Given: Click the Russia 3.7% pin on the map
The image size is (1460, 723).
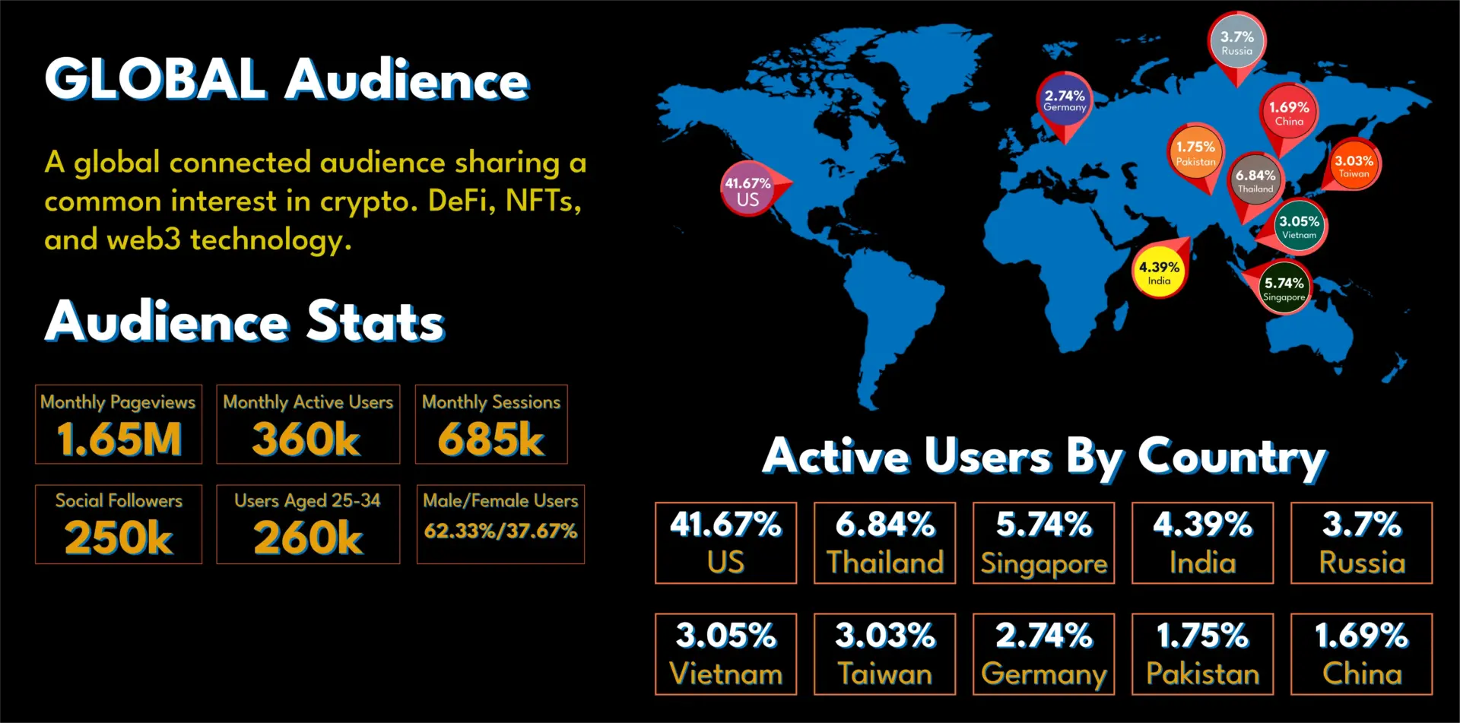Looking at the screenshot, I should [x=1236, y=43].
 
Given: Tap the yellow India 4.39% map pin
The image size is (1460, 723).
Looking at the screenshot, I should [x=1159, y=272].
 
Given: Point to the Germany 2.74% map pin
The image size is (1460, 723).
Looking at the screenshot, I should [x=1064, y=100].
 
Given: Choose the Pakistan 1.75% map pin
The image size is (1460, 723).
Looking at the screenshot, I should [x=1195, y=153].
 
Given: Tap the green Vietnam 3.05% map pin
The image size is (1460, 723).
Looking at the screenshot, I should [x=1299, y=227].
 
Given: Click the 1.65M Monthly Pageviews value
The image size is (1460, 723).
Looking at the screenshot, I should [x=119, y=439].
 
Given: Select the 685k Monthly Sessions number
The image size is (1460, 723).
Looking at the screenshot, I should [x=491, y=439].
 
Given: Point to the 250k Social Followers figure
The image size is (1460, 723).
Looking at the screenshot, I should [x=119, y=537].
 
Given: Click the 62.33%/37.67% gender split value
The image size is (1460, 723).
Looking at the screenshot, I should [x=500, y=531].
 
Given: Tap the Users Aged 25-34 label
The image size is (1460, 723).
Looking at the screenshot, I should [x=307, y=500].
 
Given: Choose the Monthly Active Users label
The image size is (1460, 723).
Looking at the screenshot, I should [x=308, y=401].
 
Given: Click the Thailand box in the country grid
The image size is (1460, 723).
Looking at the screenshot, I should [x=884, y=543].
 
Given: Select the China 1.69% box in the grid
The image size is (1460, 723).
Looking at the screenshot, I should [x=1361, y=654].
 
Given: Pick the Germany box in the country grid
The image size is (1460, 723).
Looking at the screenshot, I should [x=1043, y=654].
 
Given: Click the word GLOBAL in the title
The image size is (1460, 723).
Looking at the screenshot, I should [x=156, y=79].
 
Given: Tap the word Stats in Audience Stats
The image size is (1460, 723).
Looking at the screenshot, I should [x=376, y=322].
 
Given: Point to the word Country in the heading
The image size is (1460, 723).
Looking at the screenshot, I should [x=1232, y=458].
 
